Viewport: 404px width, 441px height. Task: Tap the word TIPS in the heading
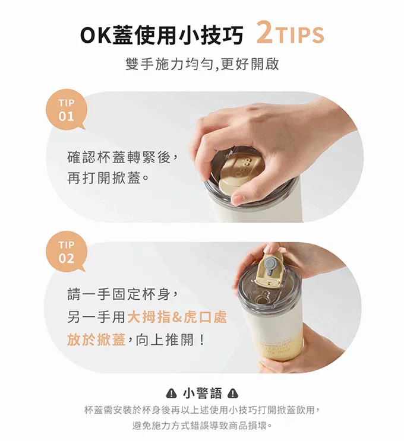[x=299, y=35]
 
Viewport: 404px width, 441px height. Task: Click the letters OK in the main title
[x=96, y=36]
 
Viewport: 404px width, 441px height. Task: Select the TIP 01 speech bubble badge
[x=67, y=110]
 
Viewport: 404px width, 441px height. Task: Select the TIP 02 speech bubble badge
[x=67, y=252]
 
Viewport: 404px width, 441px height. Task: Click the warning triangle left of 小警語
[x=172, y=394]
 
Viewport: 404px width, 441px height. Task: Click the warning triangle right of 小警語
[x=233, y=394]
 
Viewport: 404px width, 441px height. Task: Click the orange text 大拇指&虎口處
[x=177, y=318]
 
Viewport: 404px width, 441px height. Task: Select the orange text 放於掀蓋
[x=96, y=340]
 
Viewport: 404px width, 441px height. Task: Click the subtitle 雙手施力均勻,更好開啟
[x=202, y=65]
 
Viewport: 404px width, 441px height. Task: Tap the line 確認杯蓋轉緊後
[x=122, y=157]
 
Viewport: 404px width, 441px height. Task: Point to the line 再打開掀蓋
[x=108, y=178]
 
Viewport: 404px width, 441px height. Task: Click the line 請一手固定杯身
[x=122, y=294]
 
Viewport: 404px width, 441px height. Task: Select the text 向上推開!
[x=171, y=340]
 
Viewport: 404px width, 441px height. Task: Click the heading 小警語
[x=203, y=394]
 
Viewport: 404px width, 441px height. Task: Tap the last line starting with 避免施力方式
[x=203, y=426]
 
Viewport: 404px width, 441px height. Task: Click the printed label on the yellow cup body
[x=277, y=347]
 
